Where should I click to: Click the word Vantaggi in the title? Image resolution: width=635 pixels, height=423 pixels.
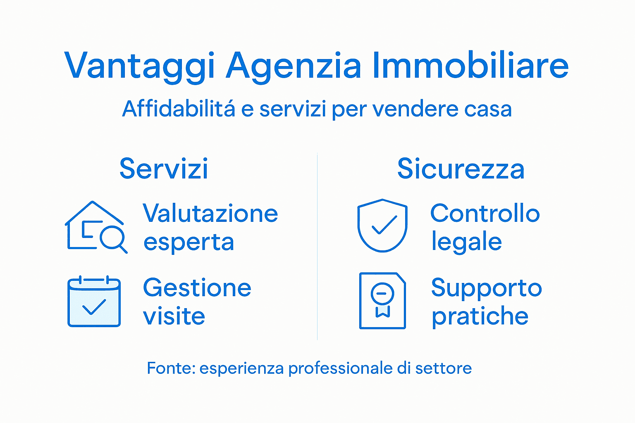pos(140,66)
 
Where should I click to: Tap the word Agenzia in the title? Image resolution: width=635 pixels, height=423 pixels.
pos(294,66)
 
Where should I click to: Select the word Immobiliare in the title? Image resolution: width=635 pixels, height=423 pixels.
pos(470,66)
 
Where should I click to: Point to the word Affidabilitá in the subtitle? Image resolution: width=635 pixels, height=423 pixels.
pos(179,109)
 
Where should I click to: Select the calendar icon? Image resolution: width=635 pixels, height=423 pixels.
pos(94,302)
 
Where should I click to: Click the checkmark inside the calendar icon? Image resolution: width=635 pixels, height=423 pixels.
pos(94,307)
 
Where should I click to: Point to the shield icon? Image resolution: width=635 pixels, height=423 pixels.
pos(382,225)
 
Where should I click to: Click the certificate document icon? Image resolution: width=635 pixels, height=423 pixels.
pos(382,301)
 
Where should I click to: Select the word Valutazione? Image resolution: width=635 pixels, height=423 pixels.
pos(210,214)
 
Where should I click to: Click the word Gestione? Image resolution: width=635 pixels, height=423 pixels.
pos(197,288)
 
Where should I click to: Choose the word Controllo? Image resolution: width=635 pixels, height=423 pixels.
pos(485,214)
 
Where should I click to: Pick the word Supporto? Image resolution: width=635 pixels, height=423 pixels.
pos(486,288)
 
